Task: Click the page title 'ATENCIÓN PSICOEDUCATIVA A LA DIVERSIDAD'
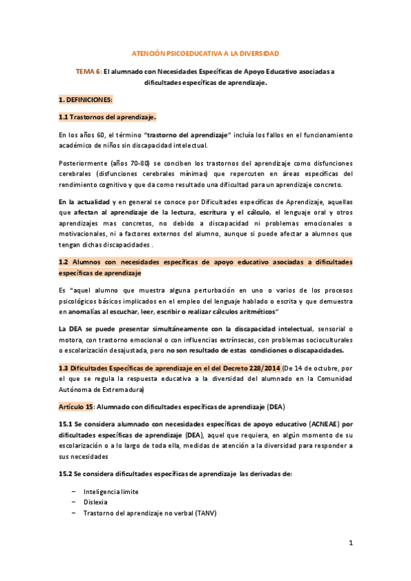coord(205,53)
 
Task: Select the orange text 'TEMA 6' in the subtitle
coord(88,71)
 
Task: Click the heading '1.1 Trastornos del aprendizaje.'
coord(108,116)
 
